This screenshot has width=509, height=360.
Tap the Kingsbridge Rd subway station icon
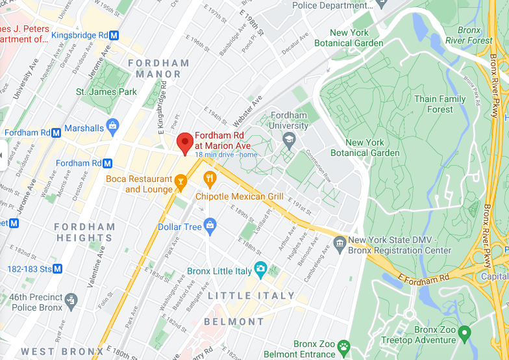[114, 34]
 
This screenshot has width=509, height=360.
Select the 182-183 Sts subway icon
[58, 268]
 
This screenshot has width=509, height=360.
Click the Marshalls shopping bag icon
[114, 125]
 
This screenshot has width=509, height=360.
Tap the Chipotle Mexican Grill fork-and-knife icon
[210, 179]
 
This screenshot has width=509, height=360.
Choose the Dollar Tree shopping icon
[210, 226]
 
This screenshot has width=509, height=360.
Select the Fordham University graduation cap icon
[289, 139]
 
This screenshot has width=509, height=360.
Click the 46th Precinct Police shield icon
[71, 301]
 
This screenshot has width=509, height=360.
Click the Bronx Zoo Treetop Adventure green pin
[464, 335]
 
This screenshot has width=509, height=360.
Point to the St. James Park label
[106, 92]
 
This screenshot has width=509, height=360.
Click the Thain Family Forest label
[440, 104]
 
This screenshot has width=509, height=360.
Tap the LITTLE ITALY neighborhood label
[251, 296]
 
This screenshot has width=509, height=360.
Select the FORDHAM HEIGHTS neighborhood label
[84, 233]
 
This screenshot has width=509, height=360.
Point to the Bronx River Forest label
[469, 36]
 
